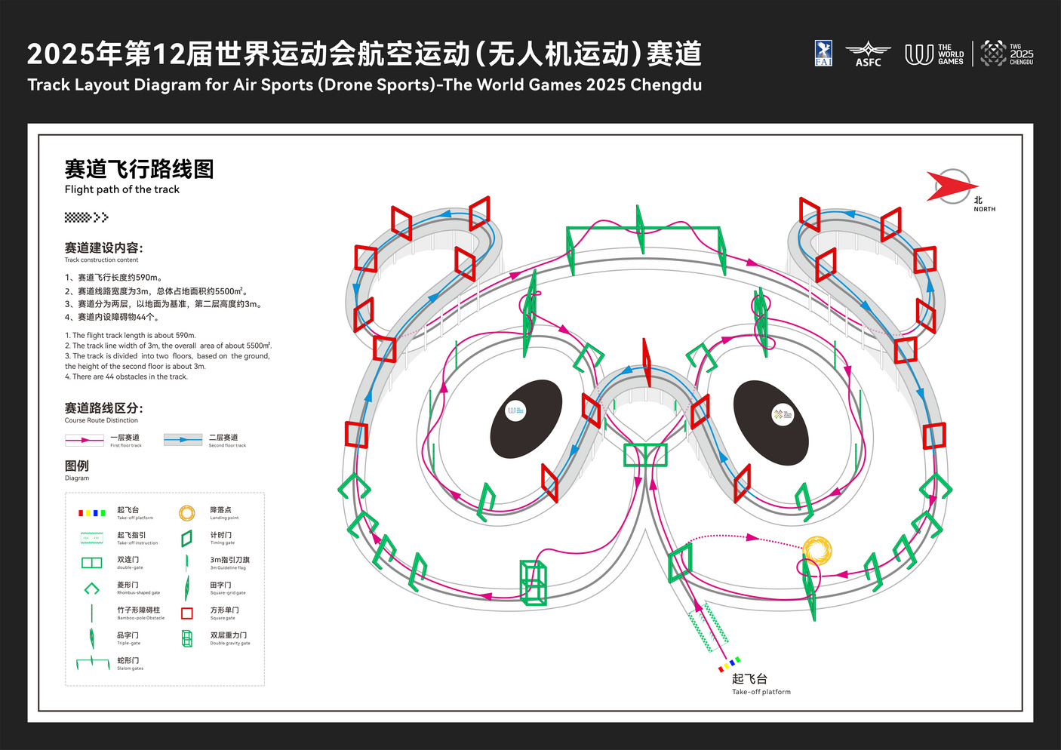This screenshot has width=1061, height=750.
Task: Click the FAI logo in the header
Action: [823, 54]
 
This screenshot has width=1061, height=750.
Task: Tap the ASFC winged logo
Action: [868, 54]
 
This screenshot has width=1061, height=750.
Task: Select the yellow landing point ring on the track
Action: [817, 550]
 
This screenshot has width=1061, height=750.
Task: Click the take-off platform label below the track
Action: [760, 684]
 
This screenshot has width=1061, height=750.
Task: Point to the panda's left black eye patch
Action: [526, 419]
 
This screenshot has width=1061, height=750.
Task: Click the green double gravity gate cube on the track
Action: [534, 582]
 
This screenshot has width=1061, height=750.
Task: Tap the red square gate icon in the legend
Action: [187, 613]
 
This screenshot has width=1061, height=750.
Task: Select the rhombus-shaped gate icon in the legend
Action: [91, 589]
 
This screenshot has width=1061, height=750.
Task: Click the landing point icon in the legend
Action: [187, 513]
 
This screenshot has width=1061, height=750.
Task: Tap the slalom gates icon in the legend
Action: [93, 663]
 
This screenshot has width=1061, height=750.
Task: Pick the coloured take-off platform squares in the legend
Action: [91, 513]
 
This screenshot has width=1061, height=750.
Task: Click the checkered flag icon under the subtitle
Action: [86, 217]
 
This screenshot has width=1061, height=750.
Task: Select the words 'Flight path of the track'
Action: [122, 189]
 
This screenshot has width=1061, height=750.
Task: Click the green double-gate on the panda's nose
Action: [645, 455]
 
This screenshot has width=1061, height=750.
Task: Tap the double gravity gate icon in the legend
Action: [187, 638]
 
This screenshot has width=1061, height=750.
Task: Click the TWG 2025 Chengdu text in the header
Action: [1021, 54]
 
